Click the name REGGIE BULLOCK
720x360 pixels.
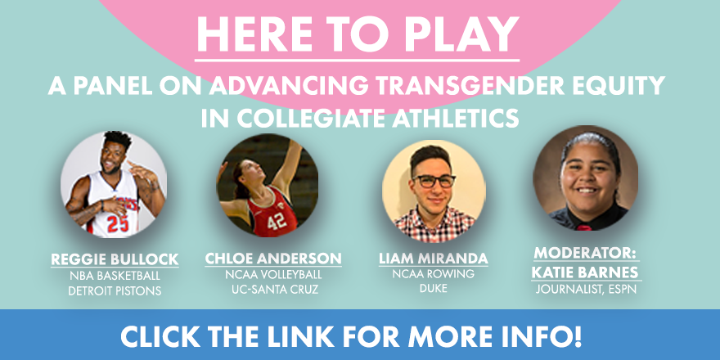click(115, 259)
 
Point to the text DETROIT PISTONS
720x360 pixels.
click(115, 290)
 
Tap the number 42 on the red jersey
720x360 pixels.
click(277, 222)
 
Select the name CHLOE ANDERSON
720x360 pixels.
click(273, 259)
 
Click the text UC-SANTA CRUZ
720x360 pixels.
click(273, 290)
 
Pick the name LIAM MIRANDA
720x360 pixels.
click(433, 259)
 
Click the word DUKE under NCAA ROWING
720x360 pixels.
click(433, 289)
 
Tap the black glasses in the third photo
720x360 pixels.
click(434, 181)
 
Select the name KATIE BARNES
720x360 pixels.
click(585, 272)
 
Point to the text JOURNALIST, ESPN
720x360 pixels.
click(586, 290)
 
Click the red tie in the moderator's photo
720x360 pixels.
click(584, 227)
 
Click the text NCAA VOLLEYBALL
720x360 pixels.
click(273, 275)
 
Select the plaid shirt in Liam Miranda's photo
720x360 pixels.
click(434, 225)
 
